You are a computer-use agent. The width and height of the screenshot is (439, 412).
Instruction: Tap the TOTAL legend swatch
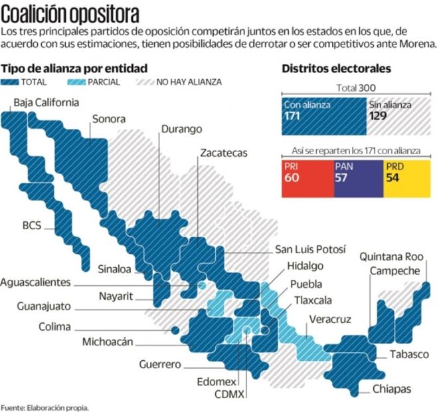click(x=10, y=82)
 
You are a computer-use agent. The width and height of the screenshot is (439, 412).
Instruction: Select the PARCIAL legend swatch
click(x=78, y=82)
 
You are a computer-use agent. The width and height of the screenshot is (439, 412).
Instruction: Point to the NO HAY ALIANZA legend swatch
click(x=145, y=82)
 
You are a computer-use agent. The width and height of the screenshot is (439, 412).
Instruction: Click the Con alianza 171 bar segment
click(x=323, y=116)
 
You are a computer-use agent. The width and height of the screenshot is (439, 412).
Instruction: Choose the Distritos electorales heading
click(x=336, y=68)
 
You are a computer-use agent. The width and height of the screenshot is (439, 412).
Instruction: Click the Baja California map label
click(x=46, y=102)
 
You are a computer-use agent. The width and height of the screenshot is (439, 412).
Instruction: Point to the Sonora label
click(x=108, y=120)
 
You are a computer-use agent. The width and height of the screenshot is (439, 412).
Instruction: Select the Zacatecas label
click(x=223, y=153)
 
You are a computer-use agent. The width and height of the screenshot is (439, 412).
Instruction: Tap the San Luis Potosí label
click(x=310, y=249)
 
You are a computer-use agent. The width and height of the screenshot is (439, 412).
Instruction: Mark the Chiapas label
click(x=392, y=389)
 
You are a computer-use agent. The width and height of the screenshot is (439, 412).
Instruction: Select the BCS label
click(x=31, y=225)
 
